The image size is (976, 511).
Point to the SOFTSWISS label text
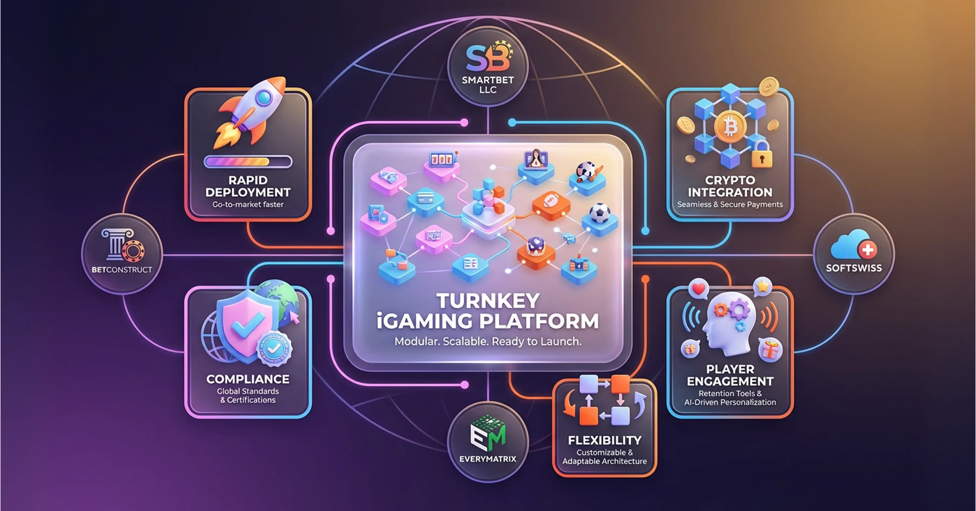854,268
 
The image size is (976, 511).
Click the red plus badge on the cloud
867,250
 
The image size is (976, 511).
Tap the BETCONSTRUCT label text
122,269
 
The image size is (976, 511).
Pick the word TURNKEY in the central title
488,301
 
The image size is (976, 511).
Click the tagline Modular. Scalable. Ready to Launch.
488,341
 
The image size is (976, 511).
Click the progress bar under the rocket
248,162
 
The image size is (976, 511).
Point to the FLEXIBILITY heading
604,440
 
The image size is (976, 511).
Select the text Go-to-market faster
248,204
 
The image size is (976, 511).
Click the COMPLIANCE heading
248,379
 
